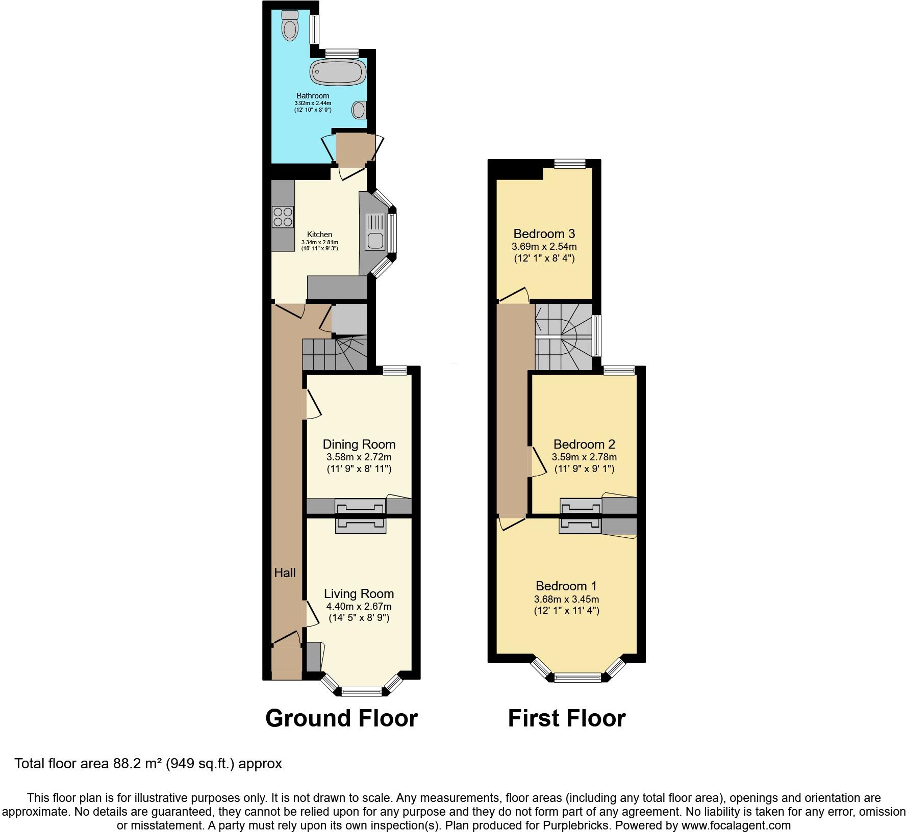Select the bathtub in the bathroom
pos(338,72)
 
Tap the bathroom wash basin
pos(359,109)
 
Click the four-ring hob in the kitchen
pos(283,216)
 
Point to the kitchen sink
pos(374,239)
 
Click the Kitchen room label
pos(319,235)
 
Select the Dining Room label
pos(359,444)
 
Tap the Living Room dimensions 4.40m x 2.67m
pos(359,607)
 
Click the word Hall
pos(285,573)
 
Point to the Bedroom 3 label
pos(544,233)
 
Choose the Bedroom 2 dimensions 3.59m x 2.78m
pos(584,457)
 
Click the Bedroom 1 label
pos(566,586)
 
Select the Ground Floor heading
pos(341,718)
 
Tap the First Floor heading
pos(566,718)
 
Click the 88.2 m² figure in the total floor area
pos(134,764)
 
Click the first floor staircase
pos(563,337)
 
